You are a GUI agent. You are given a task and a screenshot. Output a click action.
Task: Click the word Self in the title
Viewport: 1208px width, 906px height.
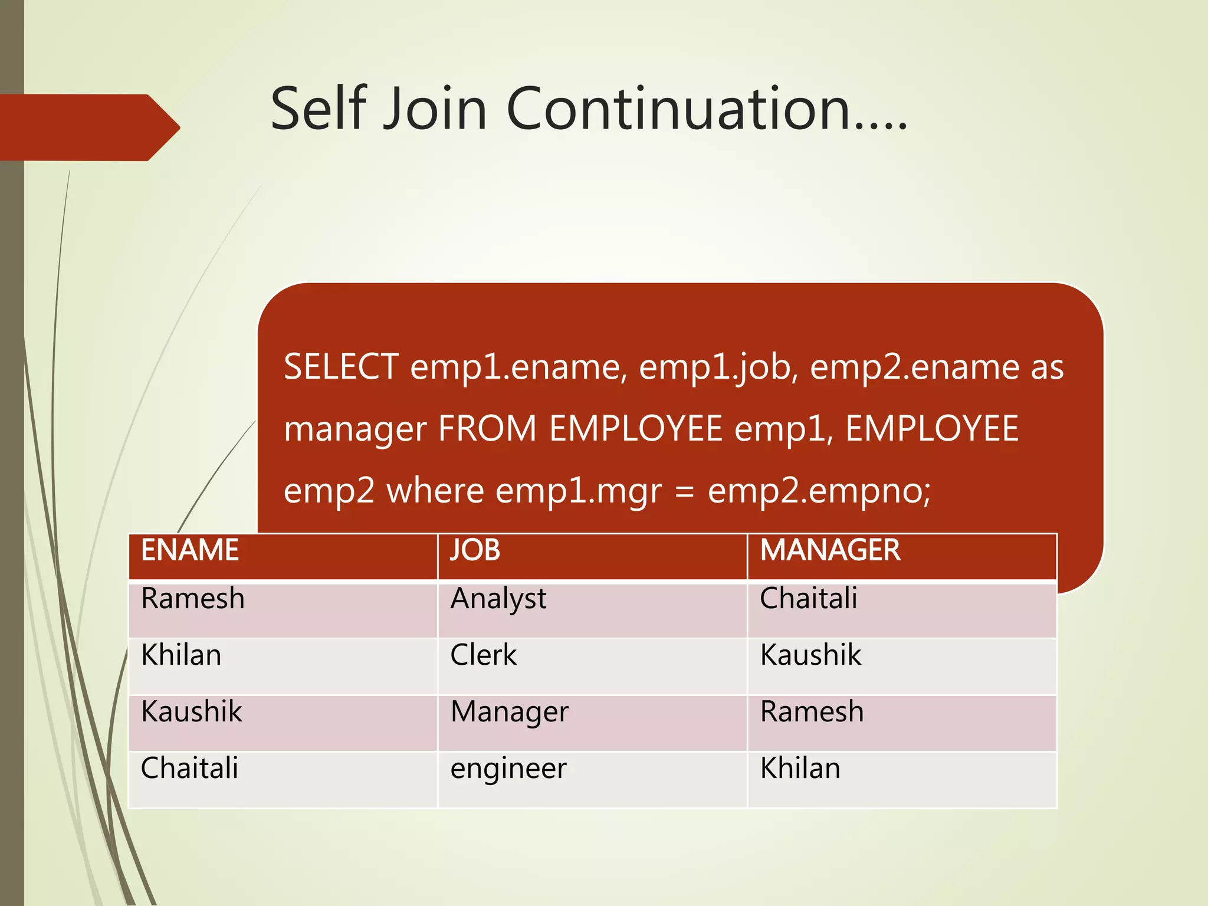point(319,109)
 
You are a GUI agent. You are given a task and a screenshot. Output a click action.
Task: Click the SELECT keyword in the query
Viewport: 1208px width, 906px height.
point(341,367)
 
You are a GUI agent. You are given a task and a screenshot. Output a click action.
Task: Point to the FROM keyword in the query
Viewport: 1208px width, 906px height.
point(487,428)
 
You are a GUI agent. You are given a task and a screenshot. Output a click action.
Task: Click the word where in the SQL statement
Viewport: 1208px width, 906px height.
point(435,491)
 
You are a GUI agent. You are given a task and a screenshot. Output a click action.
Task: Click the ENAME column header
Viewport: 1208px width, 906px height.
point(190,550)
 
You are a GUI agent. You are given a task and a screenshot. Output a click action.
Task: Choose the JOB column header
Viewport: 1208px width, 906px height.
point(475,550)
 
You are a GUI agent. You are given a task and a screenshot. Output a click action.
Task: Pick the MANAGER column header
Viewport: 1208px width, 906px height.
point(830,550)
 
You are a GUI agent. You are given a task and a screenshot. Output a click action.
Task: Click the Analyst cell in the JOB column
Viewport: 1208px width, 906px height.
point(498,599)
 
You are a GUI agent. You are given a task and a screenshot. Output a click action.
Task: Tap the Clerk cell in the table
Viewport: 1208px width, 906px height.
point(483,655)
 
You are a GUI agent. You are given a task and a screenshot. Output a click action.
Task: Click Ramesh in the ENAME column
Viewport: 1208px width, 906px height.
point(193,599)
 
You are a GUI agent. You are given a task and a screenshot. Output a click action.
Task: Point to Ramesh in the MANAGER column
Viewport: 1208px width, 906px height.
point(812,711)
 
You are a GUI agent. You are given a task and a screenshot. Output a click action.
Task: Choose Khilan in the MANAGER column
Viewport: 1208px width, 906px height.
point(800,769)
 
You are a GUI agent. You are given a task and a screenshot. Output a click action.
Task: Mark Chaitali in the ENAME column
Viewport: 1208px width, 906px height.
point(189,769)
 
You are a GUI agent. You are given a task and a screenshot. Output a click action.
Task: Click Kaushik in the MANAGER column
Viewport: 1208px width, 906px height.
point(810,655)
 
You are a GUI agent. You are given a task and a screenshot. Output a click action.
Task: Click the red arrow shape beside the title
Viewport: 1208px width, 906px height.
point(88,127)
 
